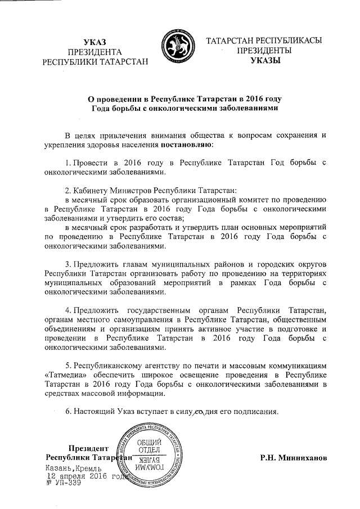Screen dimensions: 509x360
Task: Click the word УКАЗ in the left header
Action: point(95,42)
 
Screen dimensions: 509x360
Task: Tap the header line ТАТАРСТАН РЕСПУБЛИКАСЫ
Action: point(264,42)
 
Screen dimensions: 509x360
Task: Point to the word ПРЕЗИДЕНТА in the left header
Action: point(95,52)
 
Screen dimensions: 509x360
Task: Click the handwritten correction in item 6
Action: point(199,412)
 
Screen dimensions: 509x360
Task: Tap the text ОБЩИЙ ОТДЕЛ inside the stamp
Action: point(150,447)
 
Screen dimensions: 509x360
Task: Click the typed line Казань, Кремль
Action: point(74,468)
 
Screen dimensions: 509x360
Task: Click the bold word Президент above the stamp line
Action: point(87,448)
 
